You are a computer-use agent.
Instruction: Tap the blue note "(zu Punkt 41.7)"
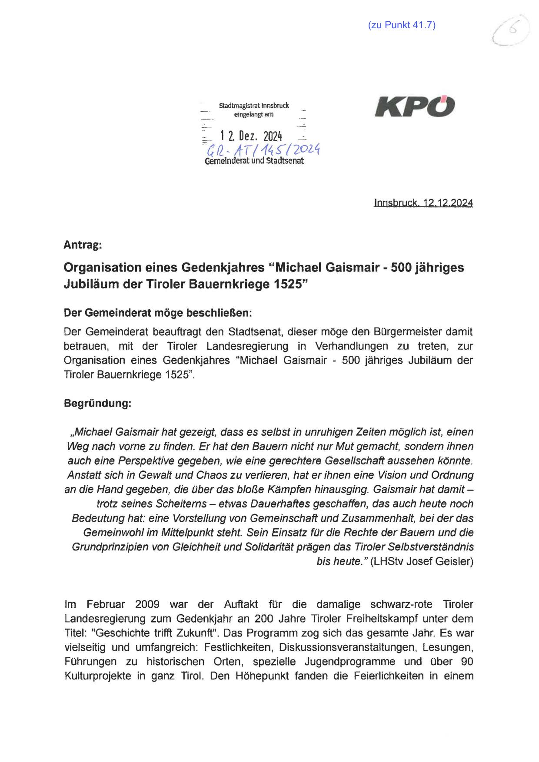tap(401, 25)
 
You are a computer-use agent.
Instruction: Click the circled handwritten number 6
tap(512, 30)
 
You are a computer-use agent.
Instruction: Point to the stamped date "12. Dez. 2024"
tap(251, 136)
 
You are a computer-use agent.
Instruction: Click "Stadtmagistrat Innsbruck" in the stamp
tap(254, 106)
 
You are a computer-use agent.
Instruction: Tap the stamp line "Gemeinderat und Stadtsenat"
tap(254, 161)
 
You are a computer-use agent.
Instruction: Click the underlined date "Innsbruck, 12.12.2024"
tap(423, 203)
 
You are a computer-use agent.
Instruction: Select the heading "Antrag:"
tap(83, 245)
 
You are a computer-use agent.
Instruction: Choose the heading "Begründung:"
tap(97, 403)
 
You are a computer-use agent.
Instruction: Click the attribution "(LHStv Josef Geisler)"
tap(421, 561)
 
